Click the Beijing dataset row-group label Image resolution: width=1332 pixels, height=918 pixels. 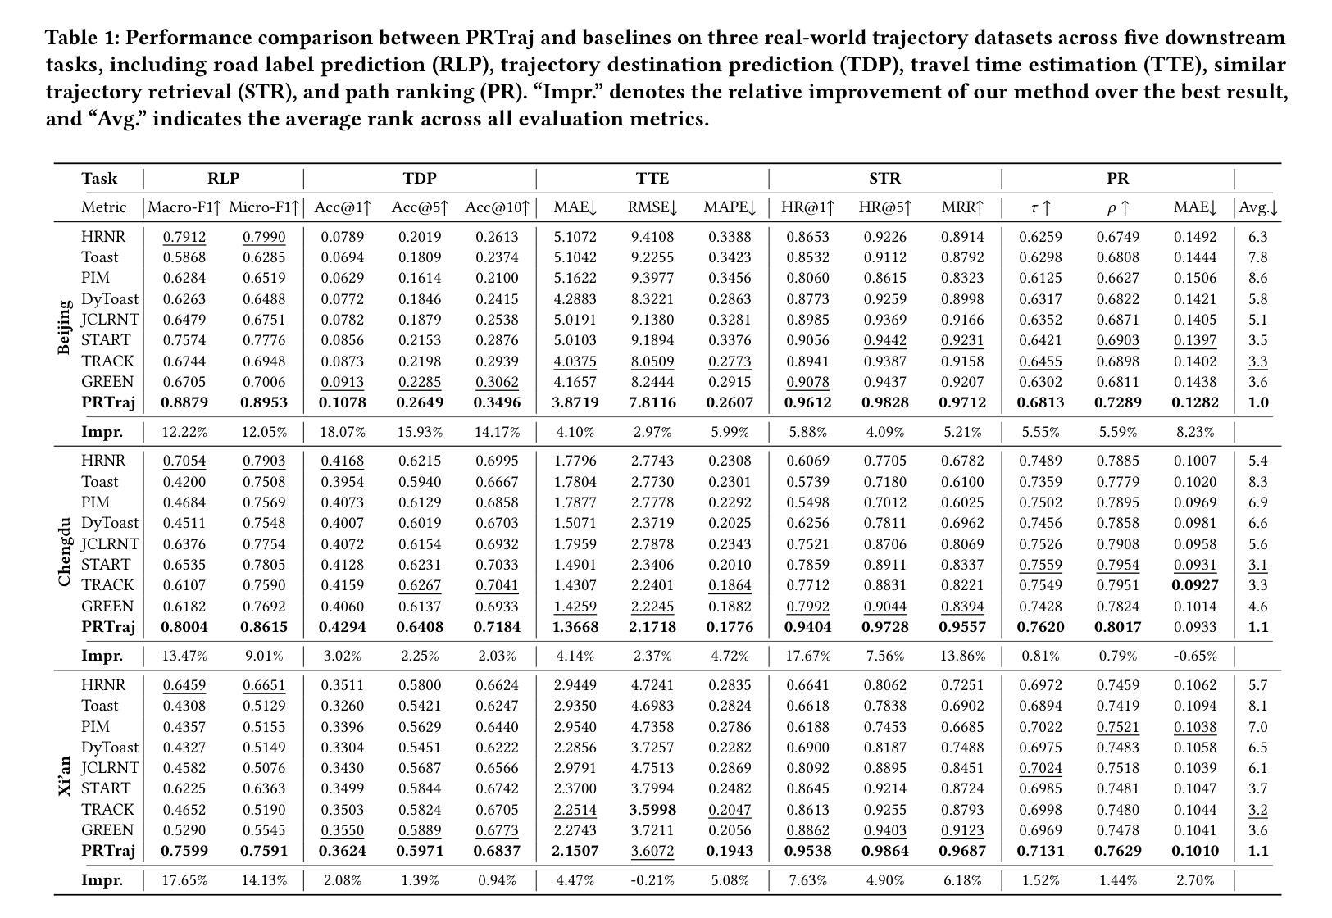click(x=64, y=328)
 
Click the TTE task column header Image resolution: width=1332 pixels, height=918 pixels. click(x=652, y=178)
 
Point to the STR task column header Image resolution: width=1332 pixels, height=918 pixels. click(x=884, y=178)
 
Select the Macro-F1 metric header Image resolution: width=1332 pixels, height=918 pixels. click(x=184, y=208)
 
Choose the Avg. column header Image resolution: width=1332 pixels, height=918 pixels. click(x=1257, y=208)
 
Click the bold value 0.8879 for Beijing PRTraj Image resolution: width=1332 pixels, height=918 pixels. click(x=184, y=402)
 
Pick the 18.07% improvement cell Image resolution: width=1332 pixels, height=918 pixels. click(x=341, y=432)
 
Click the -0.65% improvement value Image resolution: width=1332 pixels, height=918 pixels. click(x=1195, y=657)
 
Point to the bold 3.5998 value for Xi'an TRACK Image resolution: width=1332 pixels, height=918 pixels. click(x=652, y=810)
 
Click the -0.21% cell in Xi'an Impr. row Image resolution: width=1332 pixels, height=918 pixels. click(x=652, y=881)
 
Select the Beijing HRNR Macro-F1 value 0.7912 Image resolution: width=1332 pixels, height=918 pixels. click(x=184, y=237)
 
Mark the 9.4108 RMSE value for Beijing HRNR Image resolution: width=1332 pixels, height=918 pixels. click(x=652, y=237)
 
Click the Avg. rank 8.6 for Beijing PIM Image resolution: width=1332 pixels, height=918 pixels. click(x=1257, y=278)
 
